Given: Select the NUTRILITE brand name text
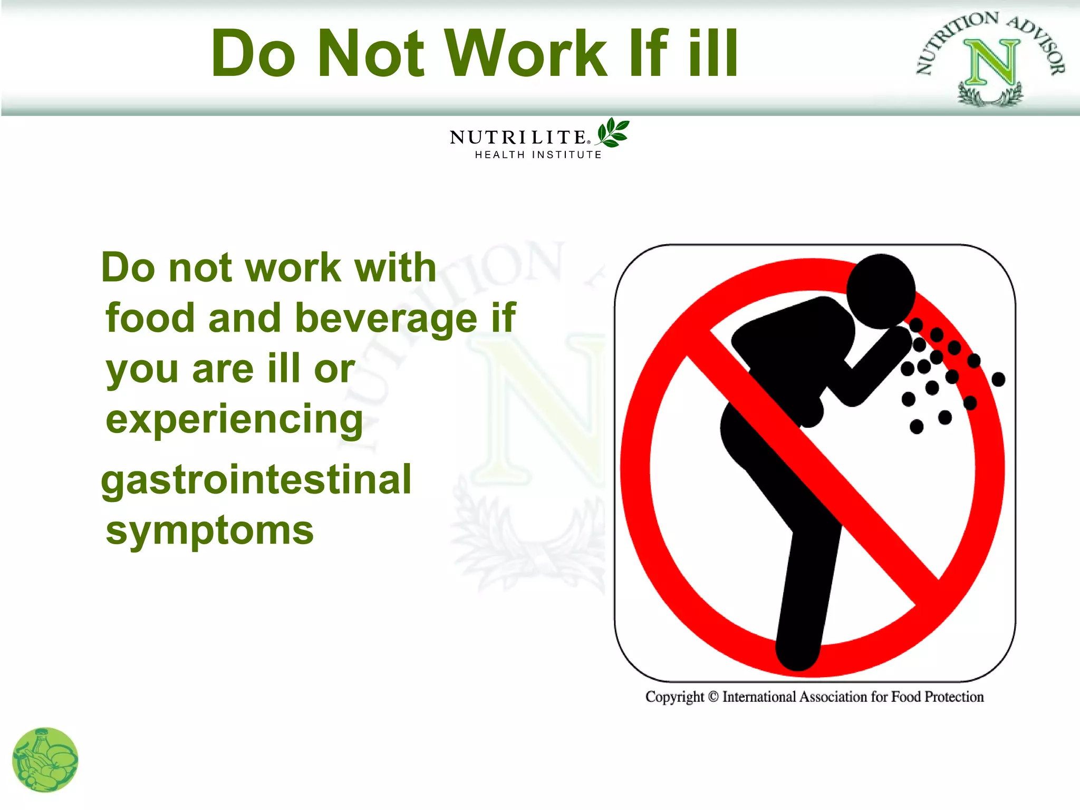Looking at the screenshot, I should point(518,138).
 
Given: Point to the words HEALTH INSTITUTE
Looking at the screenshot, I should point(538,155).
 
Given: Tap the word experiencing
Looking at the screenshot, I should point(234,420).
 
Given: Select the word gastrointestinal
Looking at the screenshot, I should point(256,480).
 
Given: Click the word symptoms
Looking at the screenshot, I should point(210,531).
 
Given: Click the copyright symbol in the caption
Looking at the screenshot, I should point(713,697).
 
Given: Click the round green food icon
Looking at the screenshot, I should point(45,760).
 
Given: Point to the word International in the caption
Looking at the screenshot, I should point(759,697).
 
